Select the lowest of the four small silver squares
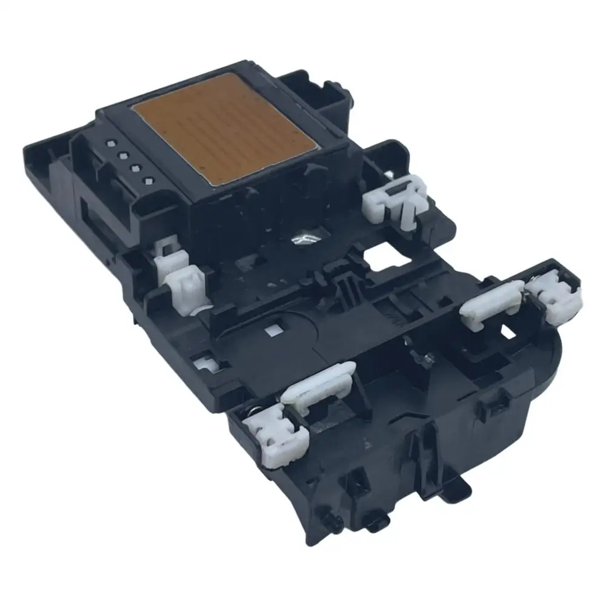click(x=147, y=180)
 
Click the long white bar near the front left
click(x=318, y=382)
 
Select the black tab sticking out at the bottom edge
click(x=459, y=485)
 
